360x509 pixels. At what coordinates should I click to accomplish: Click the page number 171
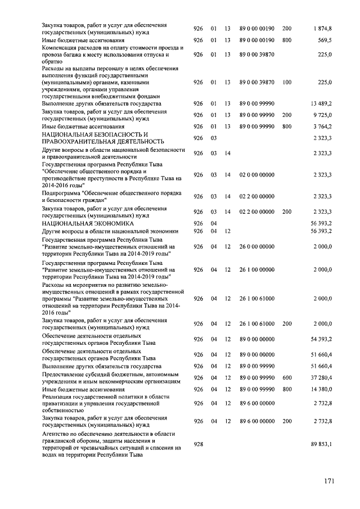(x=329, y=481)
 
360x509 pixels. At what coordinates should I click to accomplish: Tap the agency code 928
(x=198, y=444)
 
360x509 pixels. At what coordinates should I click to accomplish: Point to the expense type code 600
(x=287, y=378)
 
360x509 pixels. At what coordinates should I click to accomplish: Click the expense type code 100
(x=287, y=82)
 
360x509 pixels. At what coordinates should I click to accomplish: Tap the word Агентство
(x=56, y=434)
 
